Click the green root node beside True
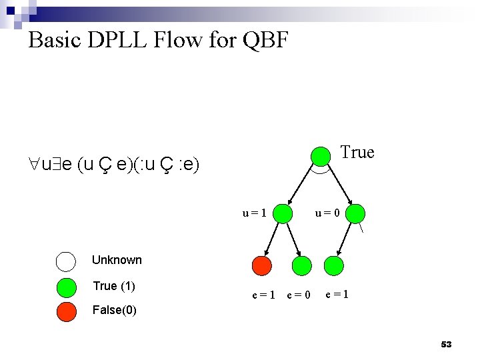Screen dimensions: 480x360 (x=321, y=155)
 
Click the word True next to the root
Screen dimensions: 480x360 (x=357, y=153)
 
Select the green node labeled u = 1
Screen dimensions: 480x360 (x=284, y=213)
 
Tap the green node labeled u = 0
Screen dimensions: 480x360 (x=356, y=213)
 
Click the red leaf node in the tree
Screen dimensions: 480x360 (x=262, y=266)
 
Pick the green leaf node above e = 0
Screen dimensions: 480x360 (x=303, y=266)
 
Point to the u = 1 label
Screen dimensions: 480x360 (x=255, y=213)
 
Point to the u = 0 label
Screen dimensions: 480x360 (x=328, y=213)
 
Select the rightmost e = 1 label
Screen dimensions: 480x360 (x=337, y=294)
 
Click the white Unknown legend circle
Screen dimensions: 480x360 (x=66, y=261)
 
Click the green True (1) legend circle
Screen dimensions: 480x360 (x=66, y=287)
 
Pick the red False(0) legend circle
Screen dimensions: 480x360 (x=66, y=311)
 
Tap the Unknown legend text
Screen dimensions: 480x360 (x=117, y=260)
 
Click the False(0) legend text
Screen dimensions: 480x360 (x=114, y=310)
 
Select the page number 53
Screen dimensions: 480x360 (x=446, y=345)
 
